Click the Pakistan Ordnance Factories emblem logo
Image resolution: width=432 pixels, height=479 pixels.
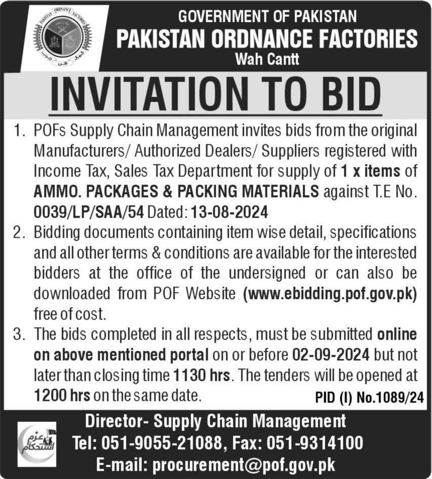pos(63,38)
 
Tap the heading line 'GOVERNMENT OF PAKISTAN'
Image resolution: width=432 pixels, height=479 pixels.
pos(267,16)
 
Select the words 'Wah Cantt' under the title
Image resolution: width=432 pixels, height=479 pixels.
pos(267,60)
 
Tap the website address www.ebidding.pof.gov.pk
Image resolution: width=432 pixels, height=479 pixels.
pos(330,293)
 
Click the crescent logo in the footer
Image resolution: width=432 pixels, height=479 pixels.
pos(36,444)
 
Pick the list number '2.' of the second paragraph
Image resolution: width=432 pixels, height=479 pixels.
pos(20,233)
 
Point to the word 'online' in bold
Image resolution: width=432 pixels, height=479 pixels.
pos(397,334)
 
